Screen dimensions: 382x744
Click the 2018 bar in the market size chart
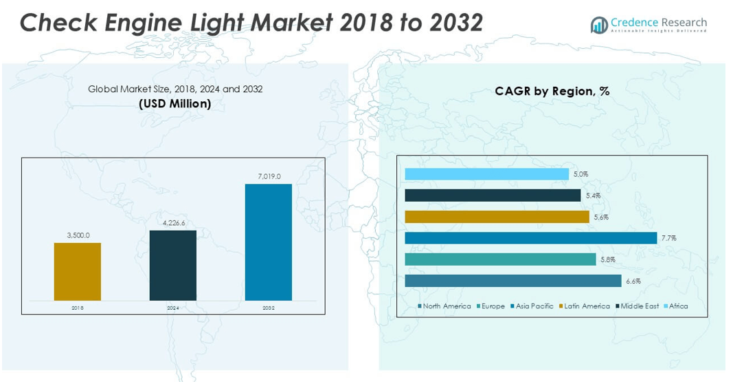click(78, 271)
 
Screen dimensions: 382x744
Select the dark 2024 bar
click(172, 265)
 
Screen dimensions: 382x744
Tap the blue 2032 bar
click(268, 242)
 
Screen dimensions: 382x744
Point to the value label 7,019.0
click(269, 177)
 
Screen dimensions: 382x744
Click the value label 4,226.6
click(173, 223)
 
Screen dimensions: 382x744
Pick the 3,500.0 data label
click(78, 235)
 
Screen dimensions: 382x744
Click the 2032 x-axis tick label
click(268, 308)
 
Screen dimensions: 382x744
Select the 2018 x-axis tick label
click(77, 308)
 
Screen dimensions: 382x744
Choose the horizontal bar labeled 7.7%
click(530, 238)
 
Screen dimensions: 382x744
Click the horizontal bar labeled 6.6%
click(512, 281)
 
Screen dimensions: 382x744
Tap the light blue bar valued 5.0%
click(486, 174)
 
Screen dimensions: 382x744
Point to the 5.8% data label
click(607, 259)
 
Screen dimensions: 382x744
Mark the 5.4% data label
click(593, 195)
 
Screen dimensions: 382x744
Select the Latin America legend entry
click(584, 306)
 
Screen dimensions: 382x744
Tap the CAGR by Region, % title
click(552, 91)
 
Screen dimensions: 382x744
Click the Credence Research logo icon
click(598, 25)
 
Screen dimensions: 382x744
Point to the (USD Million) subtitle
click(174, 104)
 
